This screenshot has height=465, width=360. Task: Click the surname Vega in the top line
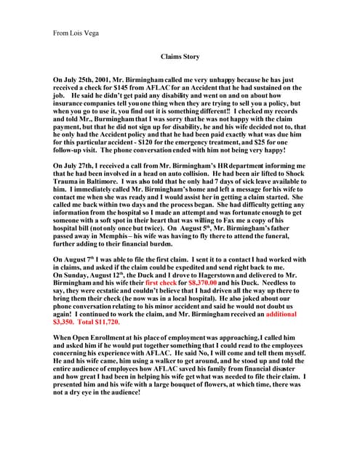point(94,33)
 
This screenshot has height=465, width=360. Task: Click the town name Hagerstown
point(209,278)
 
